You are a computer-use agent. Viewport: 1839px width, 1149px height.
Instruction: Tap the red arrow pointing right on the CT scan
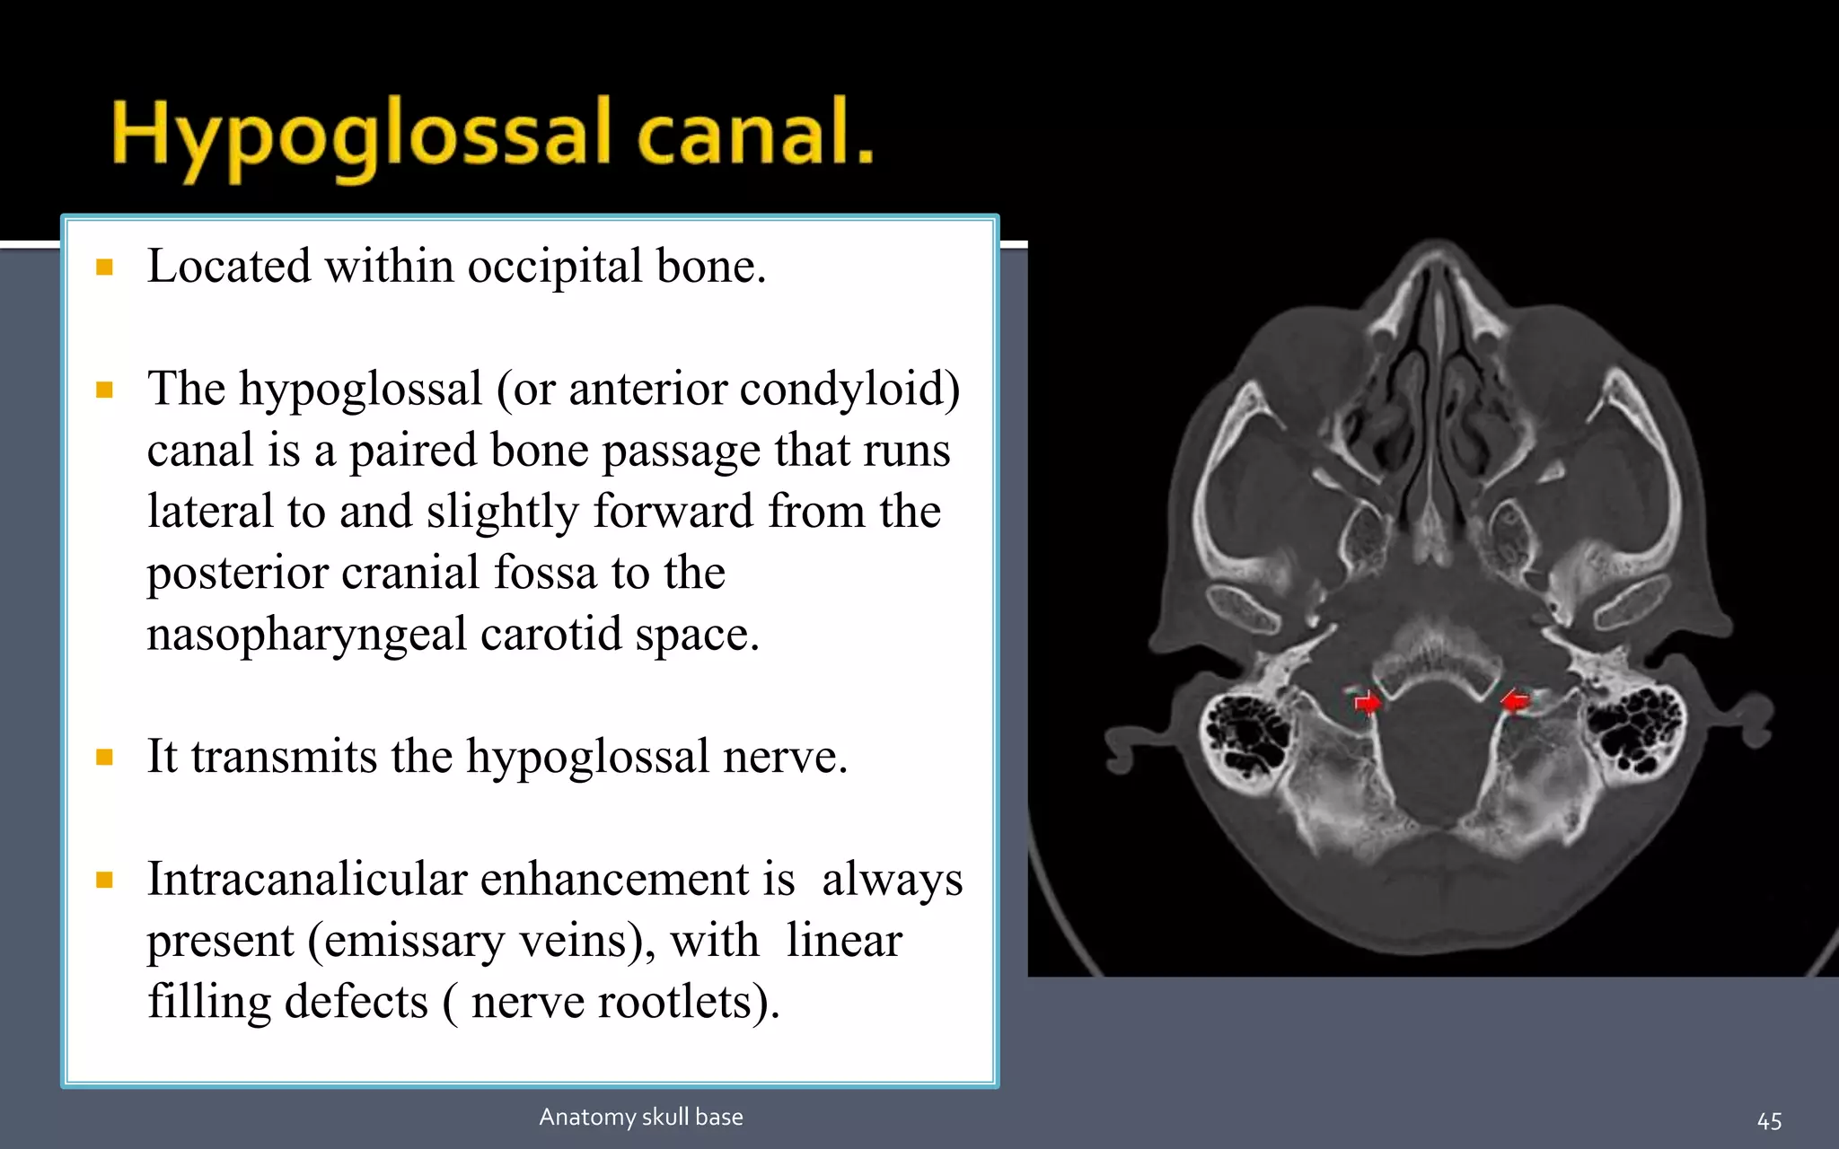click(x=1368, y=702)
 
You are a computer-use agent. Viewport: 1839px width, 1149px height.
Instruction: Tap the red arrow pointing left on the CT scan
click(x=1515, y=700)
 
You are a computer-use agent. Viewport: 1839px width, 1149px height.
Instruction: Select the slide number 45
click(x=1769, y=1120)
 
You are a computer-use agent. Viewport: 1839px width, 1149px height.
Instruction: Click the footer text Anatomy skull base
click(x=641, y=1117)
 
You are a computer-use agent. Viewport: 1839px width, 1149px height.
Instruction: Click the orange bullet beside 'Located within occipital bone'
click(x=105, y=268)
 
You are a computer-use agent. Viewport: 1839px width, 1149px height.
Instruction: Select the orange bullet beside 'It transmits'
click(x=105, y=758)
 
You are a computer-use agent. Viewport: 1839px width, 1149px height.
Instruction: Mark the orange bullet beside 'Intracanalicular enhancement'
click(x=105, y=880)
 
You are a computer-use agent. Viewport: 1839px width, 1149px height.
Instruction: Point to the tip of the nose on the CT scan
click(x=1437, y=246)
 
